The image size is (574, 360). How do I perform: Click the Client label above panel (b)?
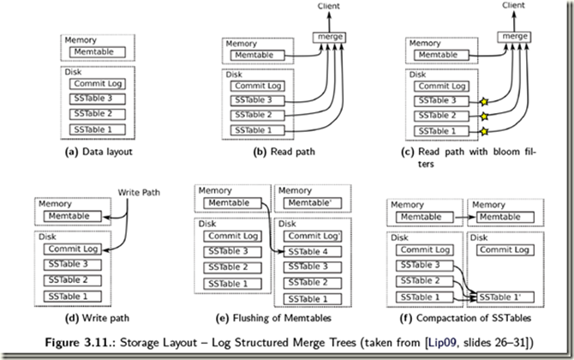coord(329,5)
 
